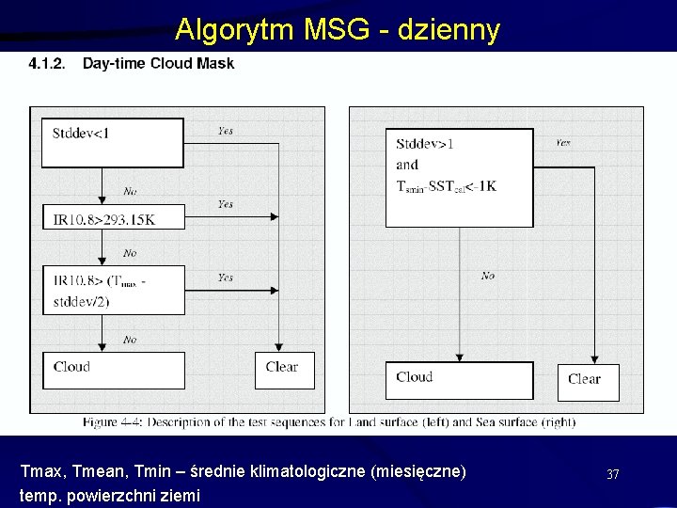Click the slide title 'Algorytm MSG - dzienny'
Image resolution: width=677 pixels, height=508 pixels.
tap(338, 30)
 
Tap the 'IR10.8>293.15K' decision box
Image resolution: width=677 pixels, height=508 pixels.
tap(114, 217)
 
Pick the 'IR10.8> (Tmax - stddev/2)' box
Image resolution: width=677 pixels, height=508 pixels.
tap(114, 290)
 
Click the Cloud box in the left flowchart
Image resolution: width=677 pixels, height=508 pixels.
tap(114, 369)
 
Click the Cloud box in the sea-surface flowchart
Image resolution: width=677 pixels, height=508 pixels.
tap(459, 378)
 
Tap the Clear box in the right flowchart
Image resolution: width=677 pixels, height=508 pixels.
tap(587, 381)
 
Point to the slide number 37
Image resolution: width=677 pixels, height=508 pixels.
tap(613, 474)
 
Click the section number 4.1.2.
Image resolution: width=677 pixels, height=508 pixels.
tap(46, 64)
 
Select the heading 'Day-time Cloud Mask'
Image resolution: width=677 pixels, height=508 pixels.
tap(158, 64)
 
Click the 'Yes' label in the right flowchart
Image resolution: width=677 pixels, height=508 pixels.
tap(562, 144)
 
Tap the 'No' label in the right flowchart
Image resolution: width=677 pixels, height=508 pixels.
tap(488, 276)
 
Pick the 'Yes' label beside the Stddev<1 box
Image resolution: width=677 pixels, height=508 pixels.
tap(226, 132)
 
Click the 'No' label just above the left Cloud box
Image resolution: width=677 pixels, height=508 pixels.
tap(130, 340)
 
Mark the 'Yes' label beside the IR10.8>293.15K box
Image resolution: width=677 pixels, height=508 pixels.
tap(226, 204)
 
